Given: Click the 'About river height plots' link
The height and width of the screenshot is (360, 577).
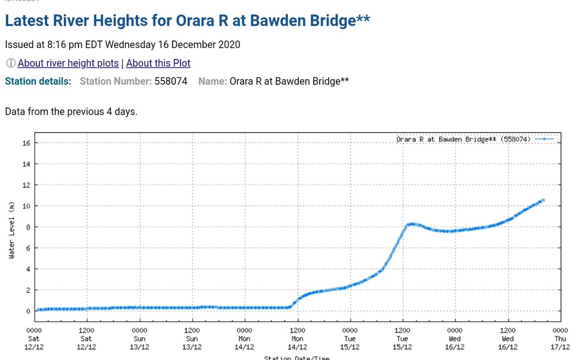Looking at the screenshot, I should tap(68, 63).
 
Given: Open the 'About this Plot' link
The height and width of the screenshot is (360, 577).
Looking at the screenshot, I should tap(158, 63).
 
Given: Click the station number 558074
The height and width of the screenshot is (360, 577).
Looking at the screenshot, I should tap(171, 81).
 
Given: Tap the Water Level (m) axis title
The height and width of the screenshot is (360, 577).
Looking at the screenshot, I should tap(12, 230).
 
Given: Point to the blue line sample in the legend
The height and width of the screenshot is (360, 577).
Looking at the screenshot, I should tap(544, 140).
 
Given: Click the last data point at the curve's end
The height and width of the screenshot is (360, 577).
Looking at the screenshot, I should tap(543, 200).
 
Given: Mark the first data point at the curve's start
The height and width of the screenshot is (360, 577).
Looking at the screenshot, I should tap(39, 310).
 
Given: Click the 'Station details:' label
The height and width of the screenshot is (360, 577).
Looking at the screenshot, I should tap(38, 81).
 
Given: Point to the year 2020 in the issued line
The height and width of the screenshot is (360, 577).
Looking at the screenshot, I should tap(228, 44).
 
